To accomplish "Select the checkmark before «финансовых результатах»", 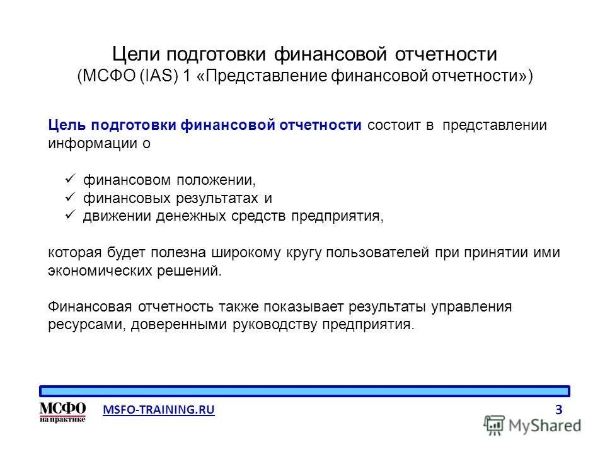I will coord(71,197).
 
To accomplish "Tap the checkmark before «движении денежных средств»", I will coord(71,216).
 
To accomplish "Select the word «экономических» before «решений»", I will coord(90,271).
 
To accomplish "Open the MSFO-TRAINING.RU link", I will coord(159,410).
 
